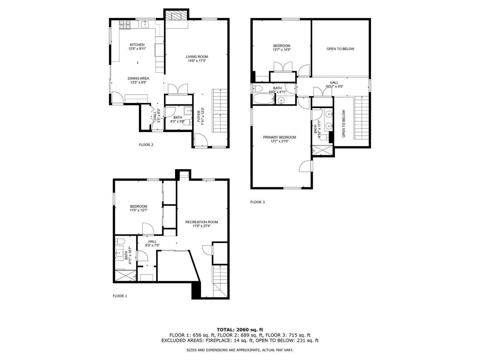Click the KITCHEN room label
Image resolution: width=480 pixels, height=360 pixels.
click(137, 45)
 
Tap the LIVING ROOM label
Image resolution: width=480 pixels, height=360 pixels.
click(197, 57)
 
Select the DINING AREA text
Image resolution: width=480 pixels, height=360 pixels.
click(138, 78)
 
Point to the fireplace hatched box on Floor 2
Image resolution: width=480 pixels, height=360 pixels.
click(176, 16)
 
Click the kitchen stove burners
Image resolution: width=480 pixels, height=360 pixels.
click(125, 25)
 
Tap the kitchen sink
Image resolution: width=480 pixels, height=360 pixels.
click(145, 25)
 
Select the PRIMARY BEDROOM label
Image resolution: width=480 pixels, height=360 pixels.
click(280, 137)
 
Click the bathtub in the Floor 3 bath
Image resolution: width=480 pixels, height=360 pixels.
click(264, 99)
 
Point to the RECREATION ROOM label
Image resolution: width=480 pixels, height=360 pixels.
click(202, 222)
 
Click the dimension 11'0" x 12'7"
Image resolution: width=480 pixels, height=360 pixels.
click(138, 210)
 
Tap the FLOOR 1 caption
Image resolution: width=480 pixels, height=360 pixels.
click(120, 296)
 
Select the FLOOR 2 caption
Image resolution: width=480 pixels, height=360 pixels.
click(146, 145)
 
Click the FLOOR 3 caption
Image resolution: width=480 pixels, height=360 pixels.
click(257, 202)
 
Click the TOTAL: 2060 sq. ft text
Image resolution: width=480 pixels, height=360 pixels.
click(240, 330)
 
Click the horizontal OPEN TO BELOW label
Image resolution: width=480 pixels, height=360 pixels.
click(340, 49)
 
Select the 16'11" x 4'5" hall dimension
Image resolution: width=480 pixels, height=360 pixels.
click(334, 86)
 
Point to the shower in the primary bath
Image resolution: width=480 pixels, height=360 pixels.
click(322, 150)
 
